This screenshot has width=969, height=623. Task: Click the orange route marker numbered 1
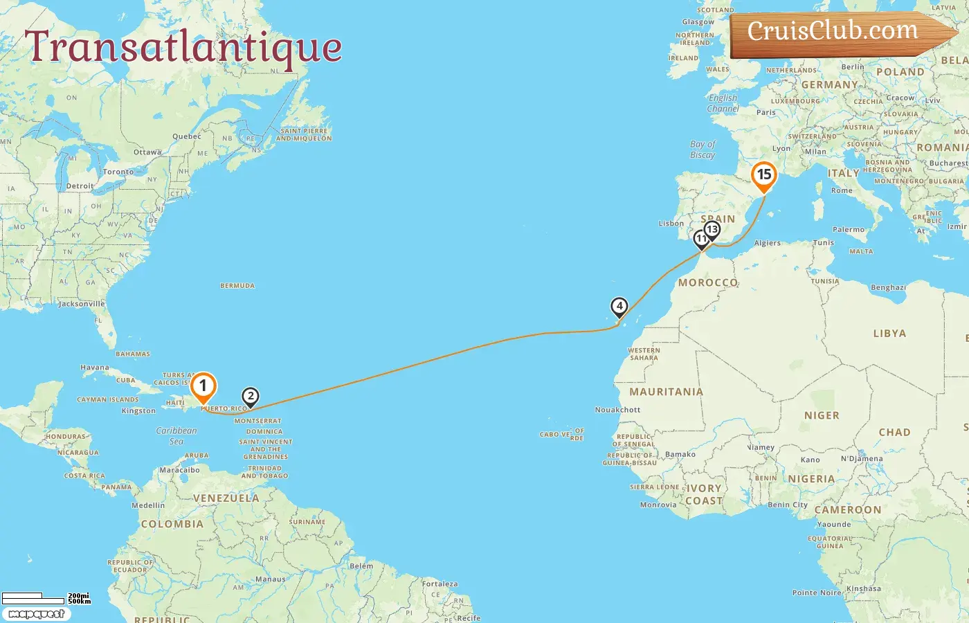tap(203, 386)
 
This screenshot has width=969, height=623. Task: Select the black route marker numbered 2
tap(251, 397)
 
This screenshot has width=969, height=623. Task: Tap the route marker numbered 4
tap(619, 306)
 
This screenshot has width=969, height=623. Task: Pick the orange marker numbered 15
tap(764, 174)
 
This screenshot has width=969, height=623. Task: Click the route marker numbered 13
tap(712, 229)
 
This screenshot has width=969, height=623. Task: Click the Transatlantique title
tap(183, 47)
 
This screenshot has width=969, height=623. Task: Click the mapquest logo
tap(36, 614)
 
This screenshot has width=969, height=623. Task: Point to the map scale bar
tap(46, 598)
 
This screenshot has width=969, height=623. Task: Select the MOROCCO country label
tap(708, 282)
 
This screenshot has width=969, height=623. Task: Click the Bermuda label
tap(237, 286)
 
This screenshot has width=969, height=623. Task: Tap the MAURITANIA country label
tap(666, 392)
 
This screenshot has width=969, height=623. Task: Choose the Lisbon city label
tap(671, 224)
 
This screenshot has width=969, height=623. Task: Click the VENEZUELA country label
tap(226, 498)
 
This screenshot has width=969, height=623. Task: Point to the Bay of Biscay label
tap(703, 150)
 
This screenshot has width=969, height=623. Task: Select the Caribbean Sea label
tap(176, 435)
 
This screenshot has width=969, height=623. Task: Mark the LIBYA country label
tap(889, 334)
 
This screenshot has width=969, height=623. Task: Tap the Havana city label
tap(94, 368)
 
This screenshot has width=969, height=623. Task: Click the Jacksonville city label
tap(82, 304)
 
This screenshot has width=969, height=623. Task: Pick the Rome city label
tap(842, 190)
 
